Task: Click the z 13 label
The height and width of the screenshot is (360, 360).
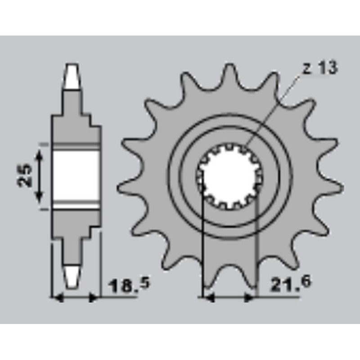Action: pos(320,69)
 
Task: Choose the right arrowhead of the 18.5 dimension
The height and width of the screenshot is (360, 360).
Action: pos(93,297)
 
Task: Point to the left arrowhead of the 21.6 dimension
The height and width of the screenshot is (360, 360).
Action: pos(207,297)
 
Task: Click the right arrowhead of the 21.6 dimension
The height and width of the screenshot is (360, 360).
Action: pos(251,297)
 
